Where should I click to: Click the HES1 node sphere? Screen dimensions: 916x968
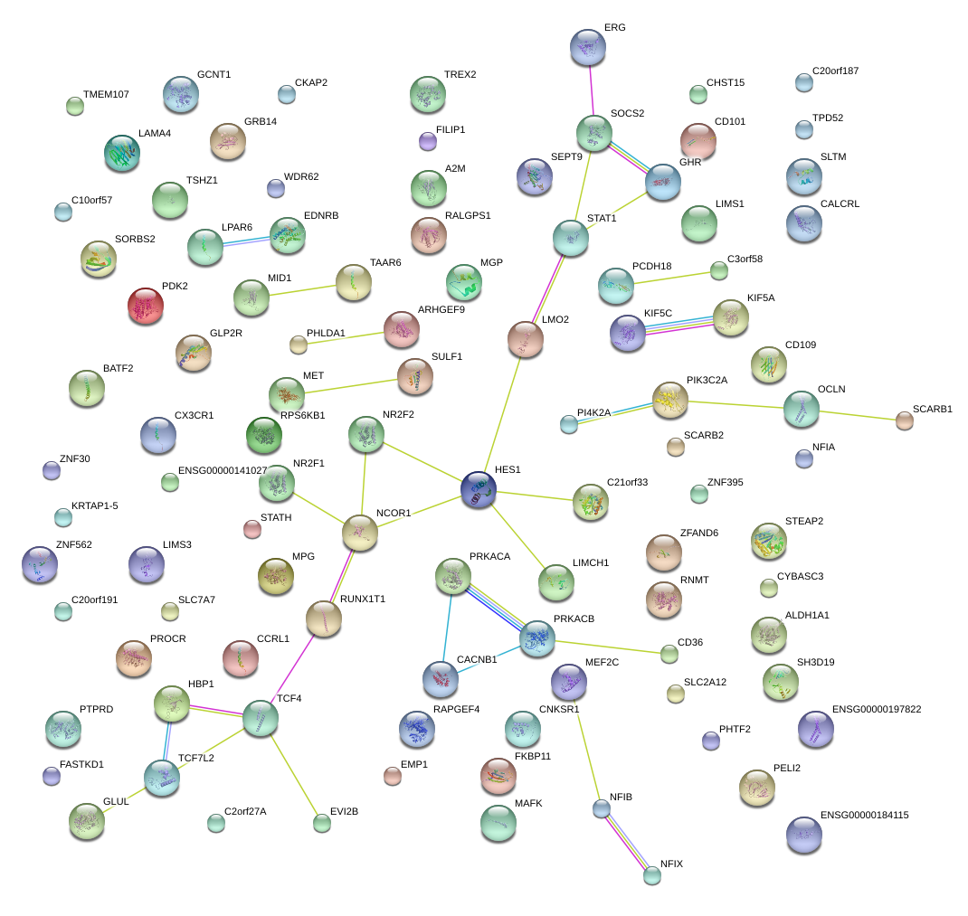479,489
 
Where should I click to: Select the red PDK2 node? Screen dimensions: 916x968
145,306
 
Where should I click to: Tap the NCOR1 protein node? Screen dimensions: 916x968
359,534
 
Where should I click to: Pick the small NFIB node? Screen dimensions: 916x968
602,808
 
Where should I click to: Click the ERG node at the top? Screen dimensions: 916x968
588,47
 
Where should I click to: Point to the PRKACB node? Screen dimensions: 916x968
537,638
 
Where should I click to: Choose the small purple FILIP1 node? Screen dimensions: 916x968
428,140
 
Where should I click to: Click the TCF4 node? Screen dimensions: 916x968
261,718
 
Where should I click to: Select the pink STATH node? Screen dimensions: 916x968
252,529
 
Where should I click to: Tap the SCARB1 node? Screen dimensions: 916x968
904,419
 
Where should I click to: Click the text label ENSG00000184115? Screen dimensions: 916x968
864,815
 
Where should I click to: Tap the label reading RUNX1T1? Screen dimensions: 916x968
362,599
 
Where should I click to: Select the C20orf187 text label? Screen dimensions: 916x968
835,71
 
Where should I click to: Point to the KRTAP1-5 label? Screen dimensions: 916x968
94,505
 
